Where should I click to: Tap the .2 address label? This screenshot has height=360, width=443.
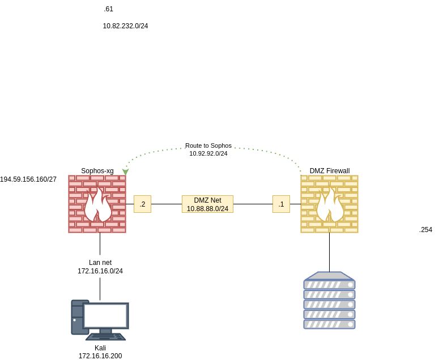click(142, 204)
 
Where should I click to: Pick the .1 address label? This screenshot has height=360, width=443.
click(281, 204)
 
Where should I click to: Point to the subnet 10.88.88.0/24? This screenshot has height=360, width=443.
click(207, 209)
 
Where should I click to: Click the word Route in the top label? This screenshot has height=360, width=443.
click(194, 145)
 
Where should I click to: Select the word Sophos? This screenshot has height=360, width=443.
click(221, 145)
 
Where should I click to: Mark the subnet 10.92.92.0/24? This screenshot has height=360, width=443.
click(208, 153)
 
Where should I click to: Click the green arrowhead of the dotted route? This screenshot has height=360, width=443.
click(125, 172)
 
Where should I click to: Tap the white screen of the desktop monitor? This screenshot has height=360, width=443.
click(105, 315)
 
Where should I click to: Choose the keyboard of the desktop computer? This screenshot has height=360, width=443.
click(105, 337)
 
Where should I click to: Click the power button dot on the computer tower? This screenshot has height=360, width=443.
click(74, 320)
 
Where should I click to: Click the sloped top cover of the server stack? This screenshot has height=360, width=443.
click(329, 276)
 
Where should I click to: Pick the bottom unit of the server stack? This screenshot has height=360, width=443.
click(329, 324)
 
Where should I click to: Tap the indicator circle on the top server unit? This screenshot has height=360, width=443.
click(351, 285)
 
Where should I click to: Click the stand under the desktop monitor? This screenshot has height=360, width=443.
click(105, 331)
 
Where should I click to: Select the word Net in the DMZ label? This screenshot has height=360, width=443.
click(216, 200)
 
